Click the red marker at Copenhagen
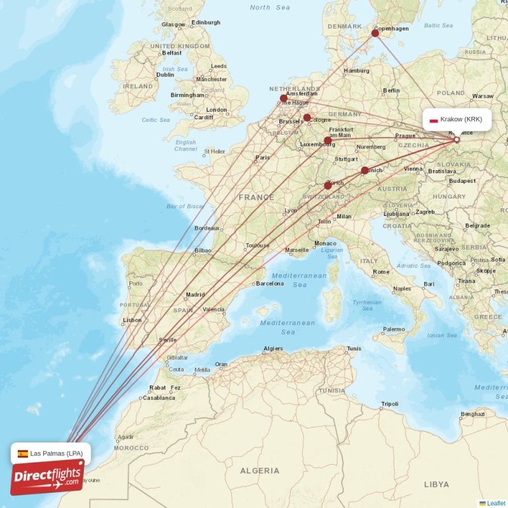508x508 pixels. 375,33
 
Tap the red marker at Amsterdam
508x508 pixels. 284,98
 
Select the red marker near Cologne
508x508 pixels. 307,117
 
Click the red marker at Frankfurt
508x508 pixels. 328,140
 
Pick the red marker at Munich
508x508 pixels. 364,170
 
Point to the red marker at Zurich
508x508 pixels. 328,185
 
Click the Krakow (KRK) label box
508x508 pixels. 457,119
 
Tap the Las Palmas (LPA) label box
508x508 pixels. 51,453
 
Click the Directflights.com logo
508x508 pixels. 47,478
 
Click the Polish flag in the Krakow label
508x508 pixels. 434,119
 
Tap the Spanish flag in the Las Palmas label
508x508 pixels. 23,453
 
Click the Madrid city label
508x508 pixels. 195,295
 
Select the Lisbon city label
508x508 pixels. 132,320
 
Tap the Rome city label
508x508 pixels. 382,272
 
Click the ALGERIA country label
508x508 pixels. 259,471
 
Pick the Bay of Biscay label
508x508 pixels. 185,206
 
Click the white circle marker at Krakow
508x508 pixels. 457,139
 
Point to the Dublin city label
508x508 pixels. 165,74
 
